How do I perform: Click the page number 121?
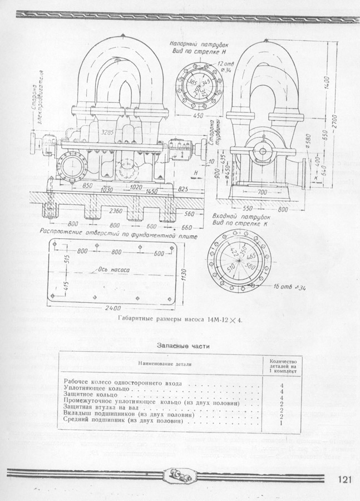click(x=345, y=480)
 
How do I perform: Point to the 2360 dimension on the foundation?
click(x=115, y=212)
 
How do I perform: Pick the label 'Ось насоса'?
click(x=114, y=269)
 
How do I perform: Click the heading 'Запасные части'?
click(x=184, y=346)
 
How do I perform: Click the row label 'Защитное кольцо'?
click(x=92, y=394)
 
